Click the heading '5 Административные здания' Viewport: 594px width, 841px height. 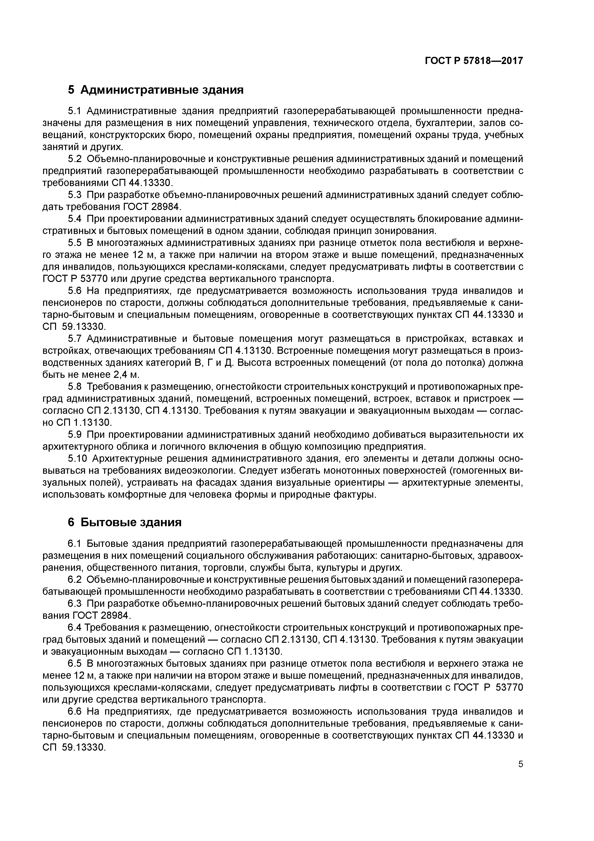pyautogui.click(x=155, y=90)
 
